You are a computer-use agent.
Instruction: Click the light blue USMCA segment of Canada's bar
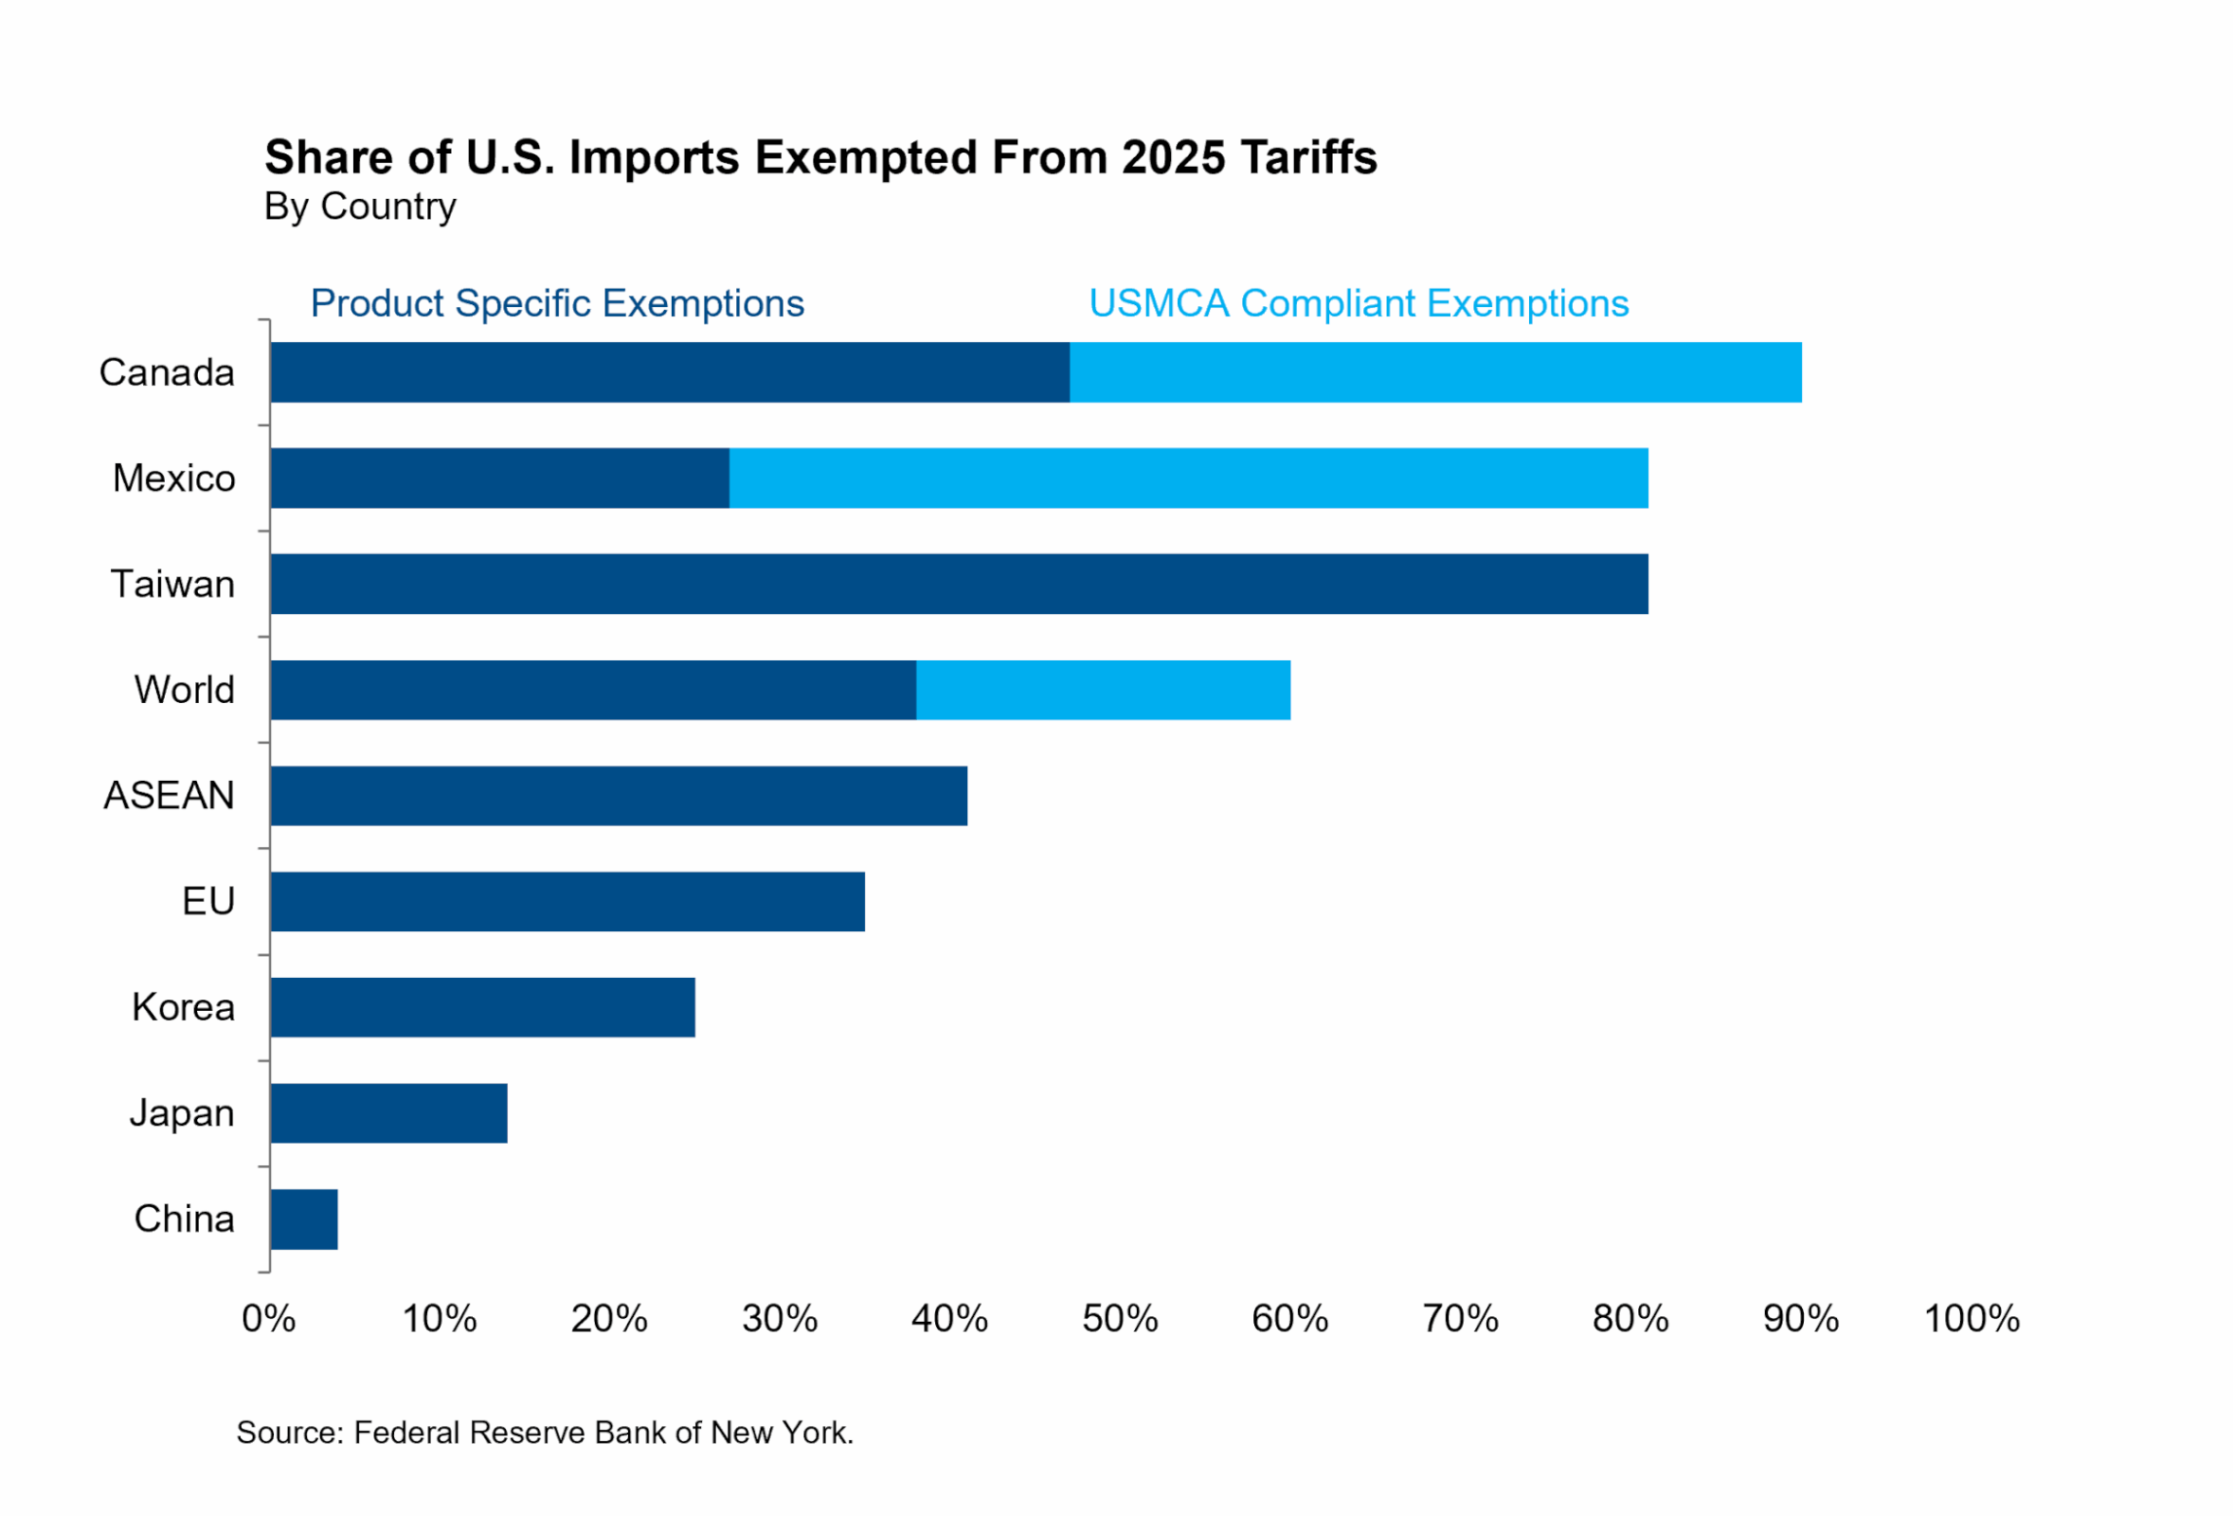(1434, 371)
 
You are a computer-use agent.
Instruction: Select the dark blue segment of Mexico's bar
(499, 478)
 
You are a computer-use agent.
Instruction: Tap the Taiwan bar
(959, 583)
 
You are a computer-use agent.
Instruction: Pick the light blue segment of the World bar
(1102, 689)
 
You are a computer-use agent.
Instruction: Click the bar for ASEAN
(619, 795)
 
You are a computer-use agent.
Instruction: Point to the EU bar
(567, 900)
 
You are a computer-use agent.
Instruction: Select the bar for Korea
(482, 1007)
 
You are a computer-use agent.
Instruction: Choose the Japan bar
(389, 1112)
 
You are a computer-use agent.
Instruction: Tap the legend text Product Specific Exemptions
(556, 303)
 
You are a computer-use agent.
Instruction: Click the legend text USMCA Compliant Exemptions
(1358, 303)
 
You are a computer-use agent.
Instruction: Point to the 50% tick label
(1120, 1318)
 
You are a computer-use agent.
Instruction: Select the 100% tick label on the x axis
(1971, 1318)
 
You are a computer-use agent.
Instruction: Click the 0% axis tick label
(269, 1318)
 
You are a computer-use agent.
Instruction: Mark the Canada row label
(167, 371)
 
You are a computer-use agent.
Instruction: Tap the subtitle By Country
(359, 207)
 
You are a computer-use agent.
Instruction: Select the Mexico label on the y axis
(174, 478)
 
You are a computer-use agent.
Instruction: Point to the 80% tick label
(1630, 1318)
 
